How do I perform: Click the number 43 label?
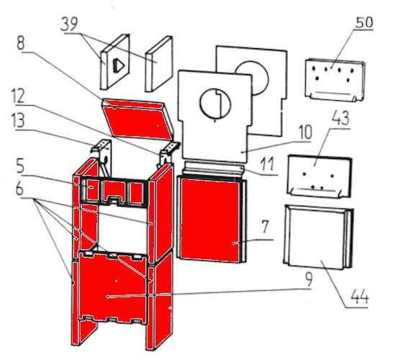(340, 117)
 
